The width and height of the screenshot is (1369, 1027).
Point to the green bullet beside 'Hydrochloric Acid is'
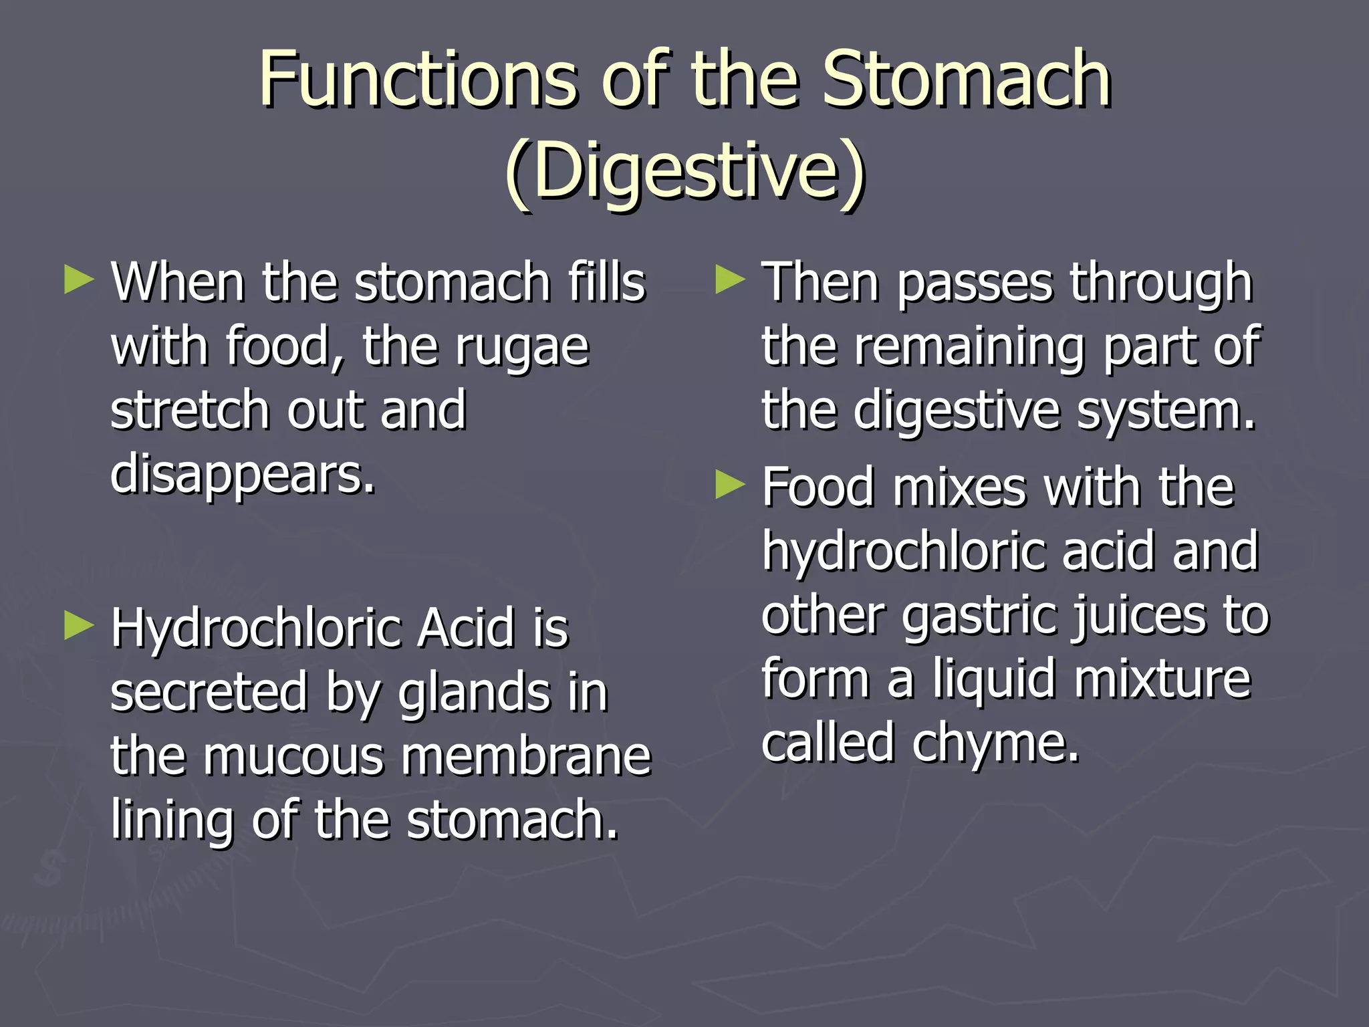[x=79, y=626]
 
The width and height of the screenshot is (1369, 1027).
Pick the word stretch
[x=190, y=410]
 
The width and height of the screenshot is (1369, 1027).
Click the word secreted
[x=209, y=692]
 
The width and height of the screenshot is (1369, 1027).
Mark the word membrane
[x=526, y=756]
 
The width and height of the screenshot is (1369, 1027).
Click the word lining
[x=171, y=821]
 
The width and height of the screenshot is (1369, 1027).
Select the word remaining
[x=969, y=348]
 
